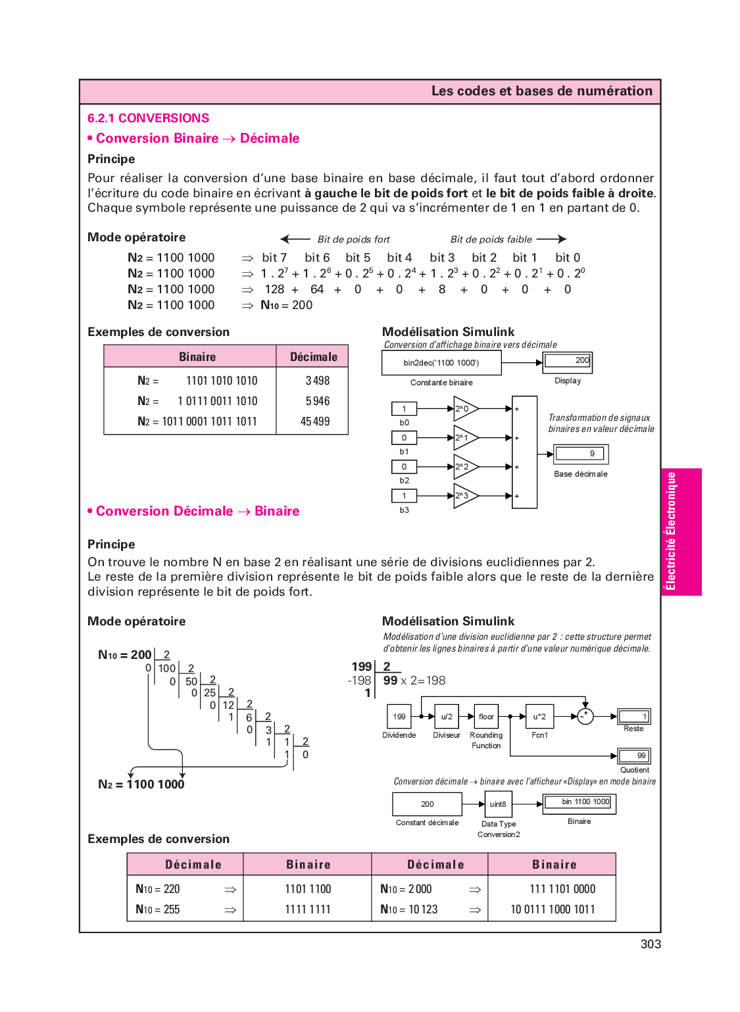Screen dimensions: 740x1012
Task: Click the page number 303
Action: click(651, 944)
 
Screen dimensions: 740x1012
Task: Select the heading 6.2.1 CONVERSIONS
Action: click(148, 118)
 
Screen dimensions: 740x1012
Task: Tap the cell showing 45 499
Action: click(314, 421)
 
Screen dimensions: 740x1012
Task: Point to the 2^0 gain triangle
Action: click(466, 409)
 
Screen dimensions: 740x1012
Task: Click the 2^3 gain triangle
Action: click(466, 496)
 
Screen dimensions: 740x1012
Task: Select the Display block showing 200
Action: click(567, 362)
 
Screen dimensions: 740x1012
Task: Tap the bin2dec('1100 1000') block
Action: click(441, 363)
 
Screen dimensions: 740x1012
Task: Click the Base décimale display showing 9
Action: click(581, 454)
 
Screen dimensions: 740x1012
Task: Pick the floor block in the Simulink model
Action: click(486, 716)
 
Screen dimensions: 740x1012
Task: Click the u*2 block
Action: click(540, 716)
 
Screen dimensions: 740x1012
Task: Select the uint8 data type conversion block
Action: click(498, 804)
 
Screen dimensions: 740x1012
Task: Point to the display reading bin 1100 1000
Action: click(579, 804)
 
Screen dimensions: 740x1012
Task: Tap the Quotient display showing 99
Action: click(634, 756)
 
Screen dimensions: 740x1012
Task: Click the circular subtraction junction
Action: click(585, 716)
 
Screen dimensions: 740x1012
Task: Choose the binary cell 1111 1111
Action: click(307, 909)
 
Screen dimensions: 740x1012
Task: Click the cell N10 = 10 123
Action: click(408, 909)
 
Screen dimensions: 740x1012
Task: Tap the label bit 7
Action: click(274, 258)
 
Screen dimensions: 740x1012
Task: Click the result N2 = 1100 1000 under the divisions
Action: click(141, 784)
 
